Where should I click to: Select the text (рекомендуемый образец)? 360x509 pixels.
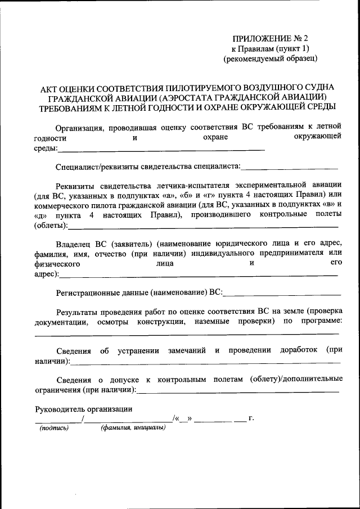click(x=271, y=58)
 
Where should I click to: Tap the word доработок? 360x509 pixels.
click(x=301, y=350)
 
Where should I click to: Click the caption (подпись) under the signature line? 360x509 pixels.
click(x=54, y=428)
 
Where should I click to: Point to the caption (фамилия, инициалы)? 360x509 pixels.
click(x=133, y=428)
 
